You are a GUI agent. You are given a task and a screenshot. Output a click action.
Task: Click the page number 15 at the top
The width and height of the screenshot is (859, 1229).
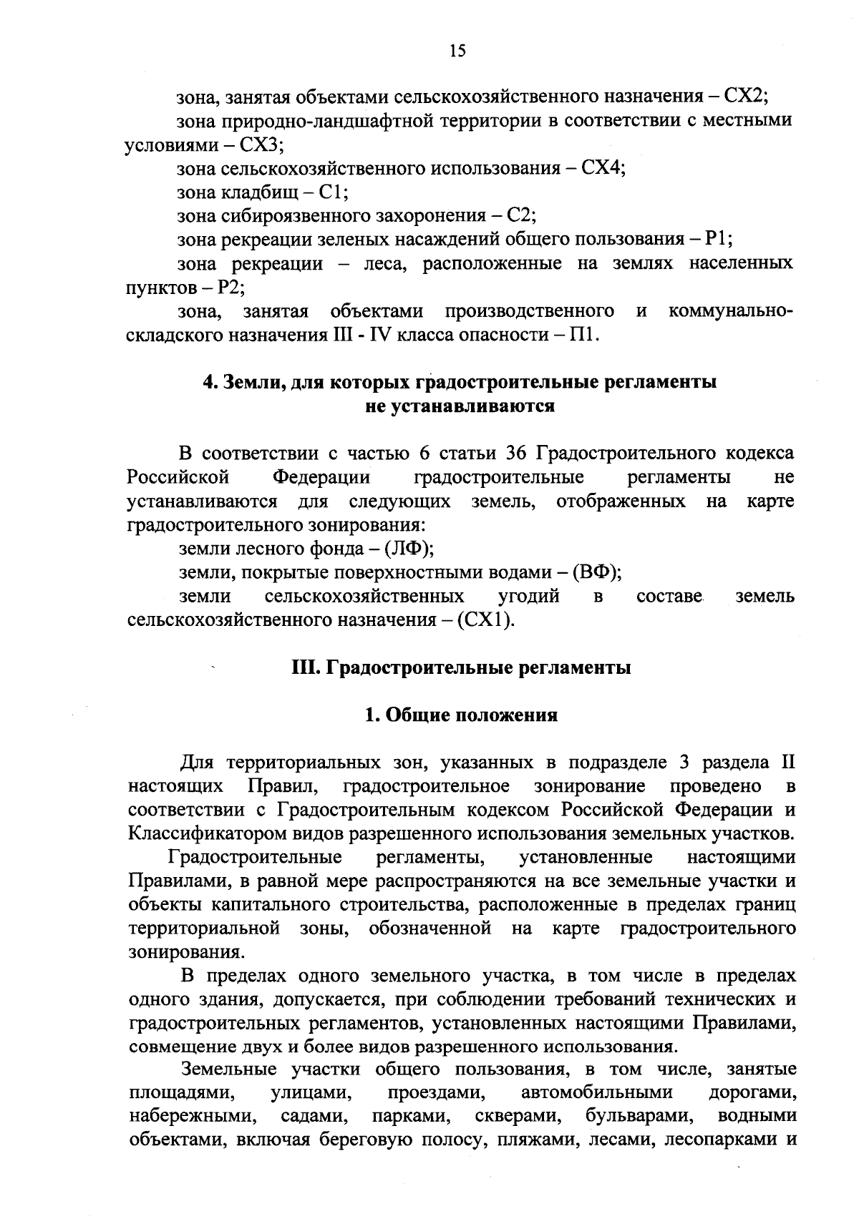pyautogui.click(x=457, y=50)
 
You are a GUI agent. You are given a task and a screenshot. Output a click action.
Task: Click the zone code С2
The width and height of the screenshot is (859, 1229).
pyautogui.click(x=520, y=215)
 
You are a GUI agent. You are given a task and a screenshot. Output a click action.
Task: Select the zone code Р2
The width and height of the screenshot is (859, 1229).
pyautogui.click(x=230, y=288)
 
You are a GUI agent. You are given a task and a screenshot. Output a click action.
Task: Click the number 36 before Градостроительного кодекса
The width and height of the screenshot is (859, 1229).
pyautogui.click(x=516, y=454)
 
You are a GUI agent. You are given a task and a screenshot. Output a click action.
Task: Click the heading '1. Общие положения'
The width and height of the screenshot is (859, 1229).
pyautogui.click(x=461, y=715)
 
